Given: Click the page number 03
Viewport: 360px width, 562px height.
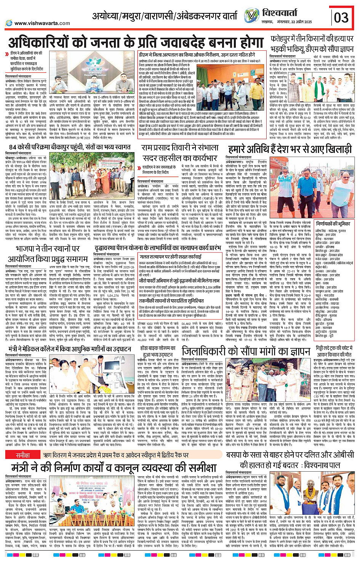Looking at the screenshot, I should pyautogui.click(x=341, y=17).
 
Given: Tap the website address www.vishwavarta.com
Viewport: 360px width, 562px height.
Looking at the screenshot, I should pyautogui.click(x=42, y=23).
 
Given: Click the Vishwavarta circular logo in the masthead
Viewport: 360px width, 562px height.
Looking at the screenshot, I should pyautogui.click(x=252, y=16).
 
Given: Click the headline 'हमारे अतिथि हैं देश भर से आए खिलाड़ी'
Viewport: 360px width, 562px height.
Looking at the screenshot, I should pyautogui.click(x=290, y=149).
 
